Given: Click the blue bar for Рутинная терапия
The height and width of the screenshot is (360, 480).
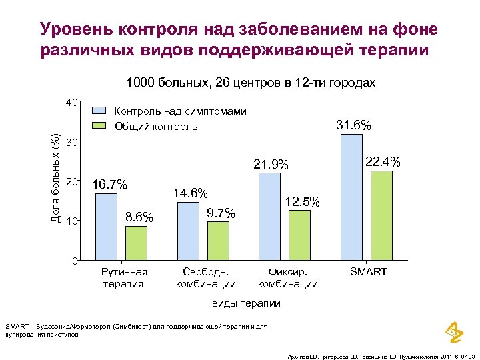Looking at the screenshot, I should click(106, 227).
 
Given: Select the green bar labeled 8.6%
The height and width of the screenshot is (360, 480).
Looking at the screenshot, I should click(136, 243).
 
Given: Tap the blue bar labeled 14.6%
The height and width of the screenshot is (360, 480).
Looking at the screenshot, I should click(188, 231).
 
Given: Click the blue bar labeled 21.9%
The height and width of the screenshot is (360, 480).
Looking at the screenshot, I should click(269, 216).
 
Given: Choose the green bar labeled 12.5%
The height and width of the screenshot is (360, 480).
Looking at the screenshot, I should click(299, 235).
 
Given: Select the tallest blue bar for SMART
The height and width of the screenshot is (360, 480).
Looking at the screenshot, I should click(351, 197).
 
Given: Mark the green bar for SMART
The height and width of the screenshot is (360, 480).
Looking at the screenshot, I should click(381, 215).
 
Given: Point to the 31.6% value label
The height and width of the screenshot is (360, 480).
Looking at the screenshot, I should click(353, 125).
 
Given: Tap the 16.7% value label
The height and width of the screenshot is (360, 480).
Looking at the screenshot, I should click(110, 185).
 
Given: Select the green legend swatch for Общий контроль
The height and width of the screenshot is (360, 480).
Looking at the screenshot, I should click(99, 126).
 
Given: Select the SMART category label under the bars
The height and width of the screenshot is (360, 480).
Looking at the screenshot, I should click(368, 272).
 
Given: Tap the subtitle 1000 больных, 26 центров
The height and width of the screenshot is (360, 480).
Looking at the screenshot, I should click(251, 83).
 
